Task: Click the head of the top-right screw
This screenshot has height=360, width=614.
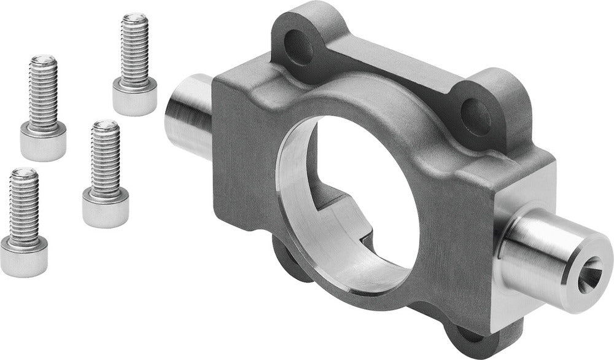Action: coord(134,99)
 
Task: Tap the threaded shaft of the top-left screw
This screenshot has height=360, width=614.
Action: coord(44,92)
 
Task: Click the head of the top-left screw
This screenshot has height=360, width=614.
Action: coord(43,141)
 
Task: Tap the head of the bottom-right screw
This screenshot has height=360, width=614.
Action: coord(106,207)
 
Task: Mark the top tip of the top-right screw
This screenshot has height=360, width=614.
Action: coord(134,17)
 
